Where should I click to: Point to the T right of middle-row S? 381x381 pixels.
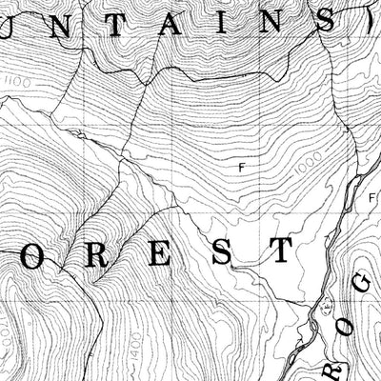(279, 251)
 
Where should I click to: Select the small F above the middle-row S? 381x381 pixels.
(241, 168)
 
